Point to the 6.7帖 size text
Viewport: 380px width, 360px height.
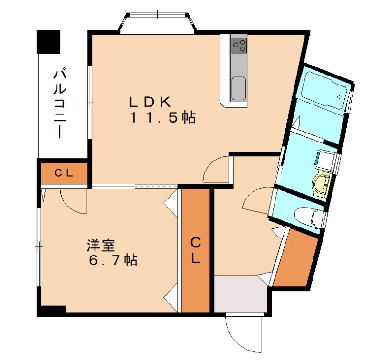point(113,260)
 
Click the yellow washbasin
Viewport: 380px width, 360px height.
point(322,183)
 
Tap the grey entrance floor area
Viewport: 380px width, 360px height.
point(239,294)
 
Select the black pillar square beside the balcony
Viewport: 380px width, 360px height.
point(49,42)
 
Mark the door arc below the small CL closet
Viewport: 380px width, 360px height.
point(72,199)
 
